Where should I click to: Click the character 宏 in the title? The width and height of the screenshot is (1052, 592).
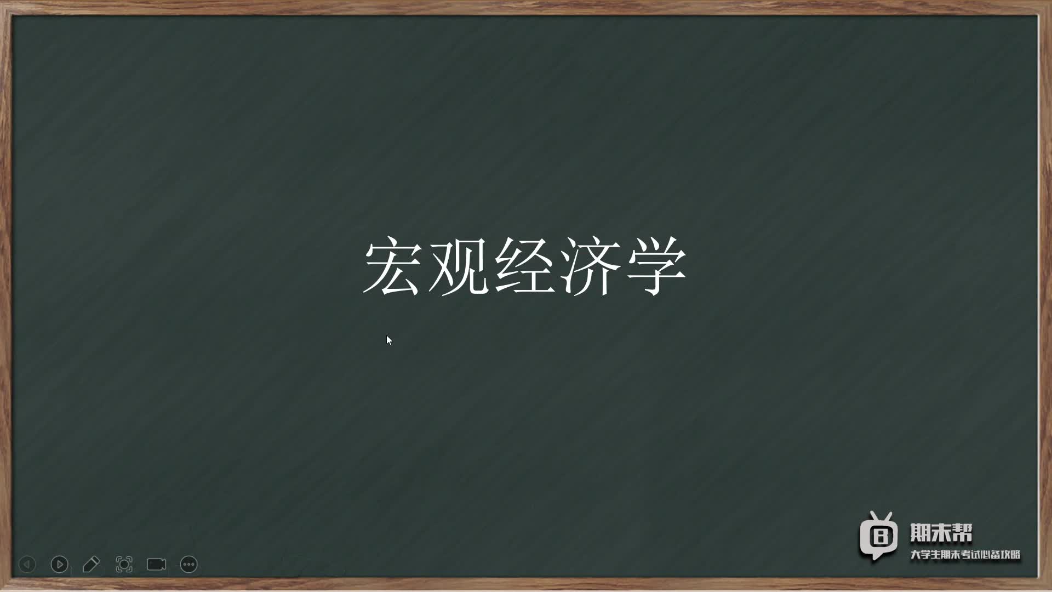pos(392,267)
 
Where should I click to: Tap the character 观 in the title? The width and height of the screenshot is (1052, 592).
pos(458,267)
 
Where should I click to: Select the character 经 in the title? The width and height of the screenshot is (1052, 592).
pos(524,267)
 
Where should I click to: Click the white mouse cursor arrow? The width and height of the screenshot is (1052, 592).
pos(389,340)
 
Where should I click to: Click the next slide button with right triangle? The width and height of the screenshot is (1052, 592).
pos(59,564)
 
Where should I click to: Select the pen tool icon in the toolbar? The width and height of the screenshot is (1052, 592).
pos(91,564)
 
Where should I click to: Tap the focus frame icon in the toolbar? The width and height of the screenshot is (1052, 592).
pos(124,564)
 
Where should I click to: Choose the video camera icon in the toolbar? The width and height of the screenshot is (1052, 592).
pos(157,564)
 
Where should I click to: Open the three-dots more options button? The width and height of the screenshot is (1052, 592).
pos(188,564)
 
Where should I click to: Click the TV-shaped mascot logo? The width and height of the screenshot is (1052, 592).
pos(878,536)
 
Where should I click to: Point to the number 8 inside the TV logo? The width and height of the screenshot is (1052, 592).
pos(880,536)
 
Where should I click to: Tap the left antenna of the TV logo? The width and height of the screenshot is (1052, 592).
pos(872,516)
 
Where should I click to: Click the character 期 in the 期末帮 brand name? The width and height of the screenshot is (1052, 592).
pos(921,533)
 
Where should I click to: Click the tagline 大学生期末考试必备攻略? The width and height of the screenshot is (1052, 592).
pos(965,555)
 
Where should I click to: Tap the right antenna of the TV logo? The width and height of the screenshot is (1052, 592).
pos(888,516)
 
